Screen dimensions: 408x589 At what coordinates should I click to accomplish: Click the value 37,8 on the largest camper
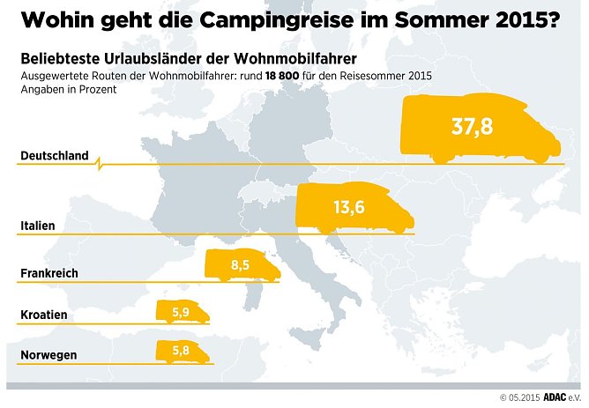coord(472,127)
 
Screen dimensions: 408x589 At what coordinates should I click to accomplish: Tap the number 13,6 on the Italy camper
coord(349,207)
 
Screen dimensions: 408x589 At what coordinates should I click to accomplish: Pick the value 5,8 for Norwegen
coord(182,351)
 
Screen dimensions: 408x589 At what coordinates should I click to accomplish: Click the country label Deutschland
coord(54,156)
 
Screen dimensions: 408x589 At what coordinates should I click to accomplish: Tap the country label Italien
coord(37,226)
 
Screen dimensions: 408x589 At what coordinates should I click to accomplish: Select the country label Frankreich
coord(48,273)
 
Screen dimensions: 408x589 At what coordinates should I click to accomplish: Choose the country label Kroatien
coord(43,315)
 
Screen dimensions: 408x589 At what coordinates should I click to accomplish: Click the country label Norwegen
coord(48,355)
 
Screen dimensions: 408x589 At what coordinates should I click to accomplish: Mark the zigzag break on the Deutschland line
coord(99,162)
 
